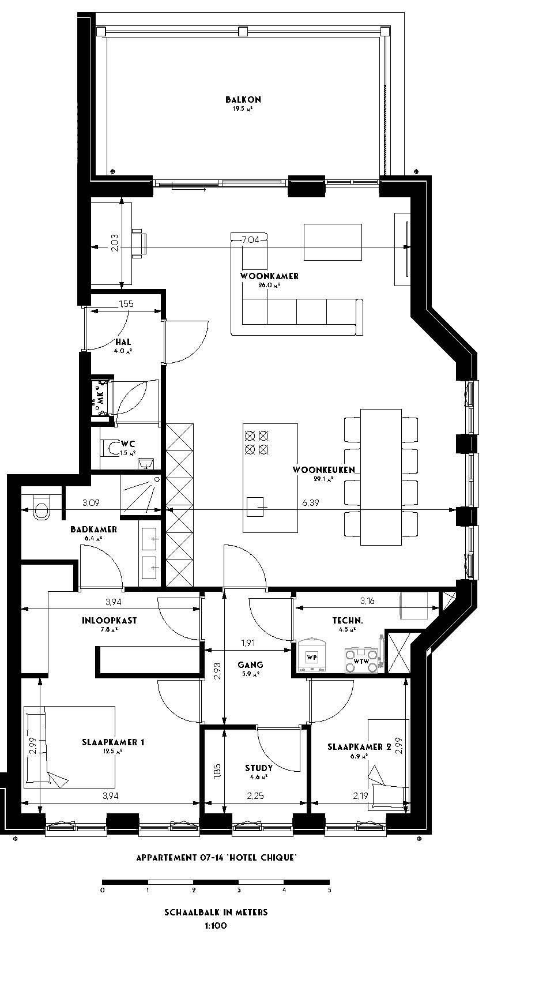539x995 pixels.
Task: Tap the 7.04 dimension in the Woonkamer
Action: coord(251,239)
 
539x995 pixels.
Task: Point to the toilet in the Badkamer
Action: coord(41,508)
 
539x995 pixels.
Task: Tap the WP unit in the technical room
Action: coord(312,658)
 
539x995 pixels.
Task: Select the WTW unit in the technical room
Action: coord(361,660)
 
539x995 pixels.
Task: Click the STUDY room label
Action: coord(258,768)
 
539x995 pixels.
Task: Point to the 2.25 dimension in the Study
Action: coord(255,795)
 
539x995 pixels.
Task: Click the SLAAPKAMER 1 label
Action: coord(113,742)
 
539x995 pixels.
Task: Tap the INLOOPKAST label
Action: coord(110,621)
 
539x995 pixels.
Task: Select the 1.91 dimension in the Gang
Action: coord(248,643)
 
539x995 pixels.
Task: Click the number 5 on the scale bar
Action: coord(329,890)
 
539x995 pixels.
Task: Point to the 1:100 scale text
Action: coord(216,926)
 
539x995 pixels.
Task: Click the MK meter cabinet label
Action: coord(100,397)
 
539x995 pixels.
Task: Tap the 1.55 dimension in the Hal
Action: coord(126,303)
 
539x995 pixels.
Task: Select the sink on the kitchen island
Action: coord(255,506)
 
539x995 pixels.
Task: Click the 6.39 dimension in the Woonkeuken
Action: coord(311,502)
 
